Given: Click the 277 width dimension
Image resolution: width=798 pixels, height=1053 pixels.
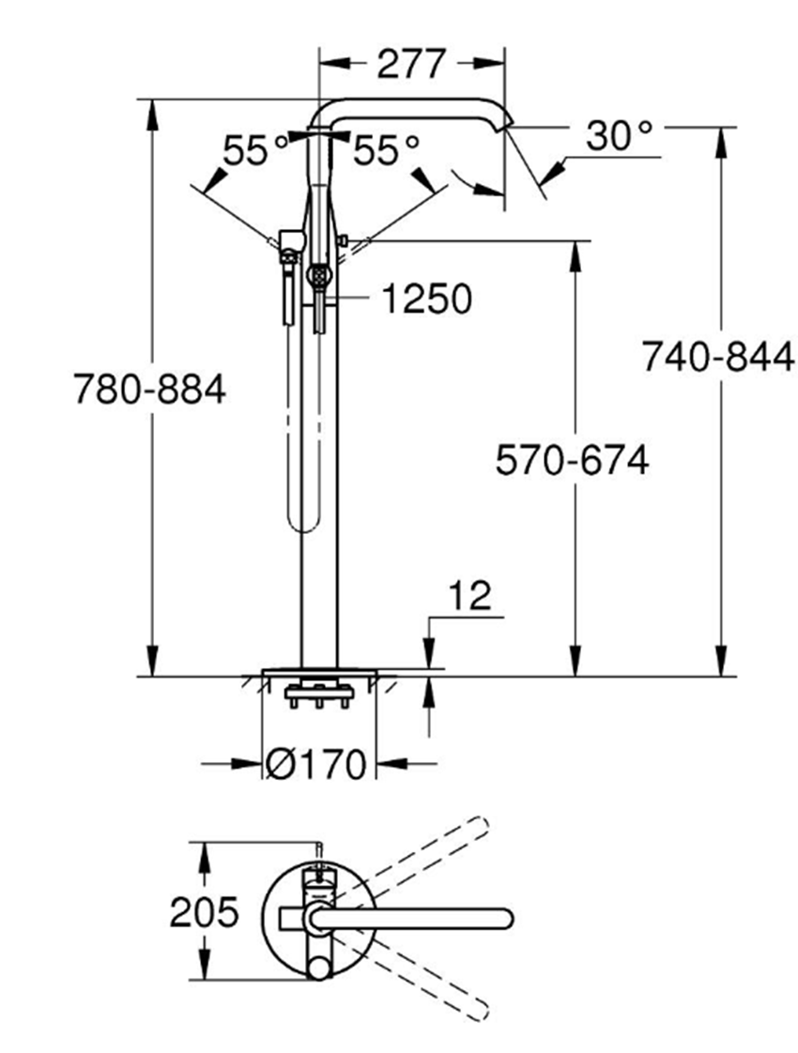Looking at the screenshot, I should (410, 64).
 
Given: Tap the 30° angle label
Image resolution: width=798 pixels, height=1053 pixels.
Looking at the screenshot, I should (619, 136).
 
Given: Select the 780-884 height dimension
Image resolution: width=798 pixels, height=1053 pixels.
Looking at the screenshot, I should (150, 388).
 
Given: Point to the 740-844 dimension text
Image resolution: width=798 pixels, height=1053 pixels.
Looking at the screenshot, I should (718, 358).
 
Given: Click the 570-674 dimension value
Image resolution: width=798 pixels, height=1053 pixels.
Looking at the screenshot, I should (573, 460).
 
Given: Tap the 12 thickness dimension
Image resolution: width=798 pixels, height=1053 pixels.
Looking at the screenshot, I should (469, 596).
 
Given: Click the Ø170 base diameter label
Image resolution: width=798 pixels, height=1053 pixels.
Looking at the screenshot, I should (315, 765).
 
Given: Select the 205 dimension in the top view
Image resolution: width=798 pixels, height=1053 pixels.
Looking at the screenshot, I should (204, 911).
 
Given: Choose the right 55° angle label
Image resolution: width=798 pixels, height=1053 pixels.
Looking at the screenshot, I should (386, 150).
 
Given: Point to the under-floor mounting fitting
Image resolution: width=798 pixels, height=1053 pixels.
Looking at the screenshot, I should (318, 696).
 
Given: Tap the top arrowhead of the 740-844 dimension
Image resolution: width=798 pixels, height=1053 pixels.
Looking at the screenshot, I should (721, 137).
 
